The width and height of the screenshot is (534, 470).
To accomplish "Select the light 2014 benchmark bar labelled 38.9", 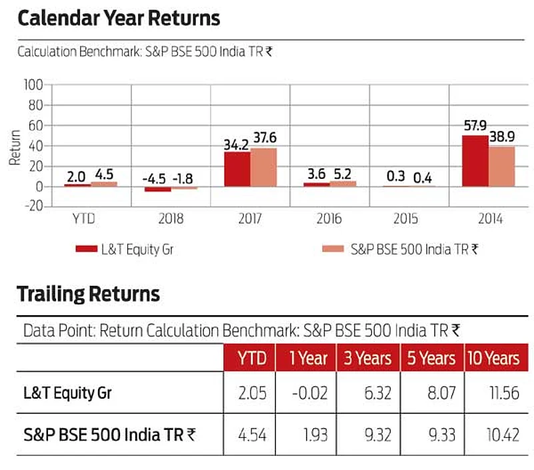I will coord(501,166).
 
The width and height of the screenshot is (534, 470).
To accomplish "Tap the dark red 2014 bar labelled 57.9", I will coord(475,161).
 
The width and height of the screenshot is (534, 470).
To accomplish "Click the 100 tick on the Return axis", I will coord(33,85).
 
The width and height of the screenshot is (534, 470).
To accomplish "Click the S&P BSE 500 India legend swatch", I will coord(332,249).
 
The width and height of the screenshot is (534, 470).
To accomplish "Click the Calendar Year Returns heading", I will coord(119,18).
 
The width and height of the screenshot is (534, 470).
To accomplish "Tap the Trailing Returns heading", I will coord(89,294).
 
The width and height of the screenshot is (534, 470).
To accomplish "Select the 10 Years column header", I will coord(493,359).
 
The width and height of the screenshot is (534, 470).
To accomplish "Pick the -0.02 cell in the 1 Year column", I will coord(309,393).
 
